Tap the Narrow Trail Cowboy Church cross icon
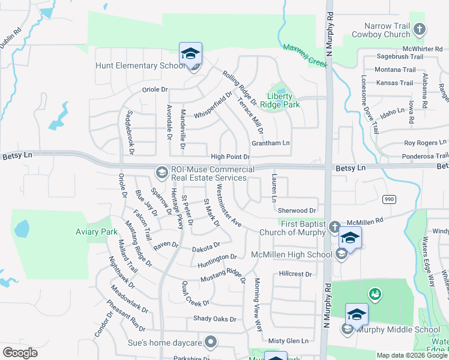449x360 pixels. [420, 29]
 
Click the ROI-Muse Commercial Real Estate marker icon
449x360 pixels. [161, 173]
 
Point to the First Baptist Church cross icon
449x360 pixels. [334, 227]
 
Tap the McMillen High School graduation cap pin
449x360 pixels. [350, 238]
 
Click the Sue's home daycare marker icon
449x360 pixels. [210, 342]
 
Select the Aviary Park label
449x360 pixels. [96, 232]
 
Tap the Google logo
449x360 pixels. [20, 353]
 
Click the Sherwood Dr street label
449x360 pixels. [297, 211]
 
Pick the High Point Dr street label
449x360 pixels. [230, 157]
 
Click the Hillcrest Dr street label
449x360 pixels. [295, 274]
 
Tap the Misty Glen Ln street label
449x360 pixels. [288, 340]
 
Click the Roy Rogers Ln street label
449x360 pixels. [426, 143]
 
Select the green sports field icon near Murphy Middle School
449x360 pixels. [375, 293]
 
